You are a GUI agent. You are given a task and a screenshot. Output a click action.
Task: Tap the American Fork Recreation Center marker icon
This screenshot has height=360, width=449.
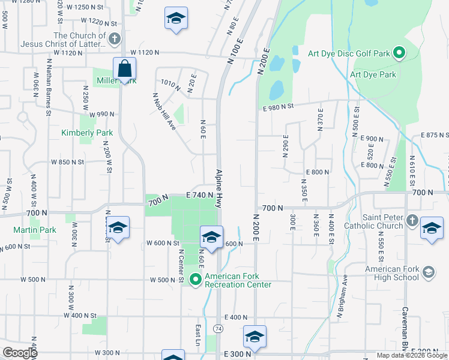pos(195,280)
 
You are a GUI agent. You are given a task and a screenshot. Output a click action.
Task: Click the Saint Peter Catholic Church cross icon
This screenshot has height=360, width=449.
pos(412,221)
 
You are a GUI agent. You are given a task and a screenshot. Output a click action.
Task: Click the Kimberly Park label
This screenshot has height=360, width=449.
pos(87,133)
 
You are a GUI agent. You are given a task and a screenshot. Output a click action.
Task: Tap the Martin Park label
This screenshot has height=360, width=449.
pos(35,230)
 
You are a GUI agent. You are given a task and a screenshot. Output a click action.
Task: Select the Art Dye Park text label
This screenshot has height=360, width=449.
pos(373,75)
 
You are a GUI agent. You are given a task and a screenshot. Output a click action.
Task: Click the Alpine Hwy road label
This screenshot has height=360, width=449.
pos(220,188)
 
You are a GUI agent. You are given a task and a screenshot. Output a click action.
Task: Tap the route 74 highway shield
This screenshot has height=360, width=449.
pos(217,329)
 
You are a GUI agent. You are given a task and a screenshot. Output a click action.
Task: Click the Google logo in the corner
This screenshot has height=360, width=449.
pos(20,353)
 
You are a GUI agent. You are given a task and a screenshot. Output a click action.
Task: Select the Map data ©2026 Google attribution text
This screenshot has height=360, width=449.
pos(412,355)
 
